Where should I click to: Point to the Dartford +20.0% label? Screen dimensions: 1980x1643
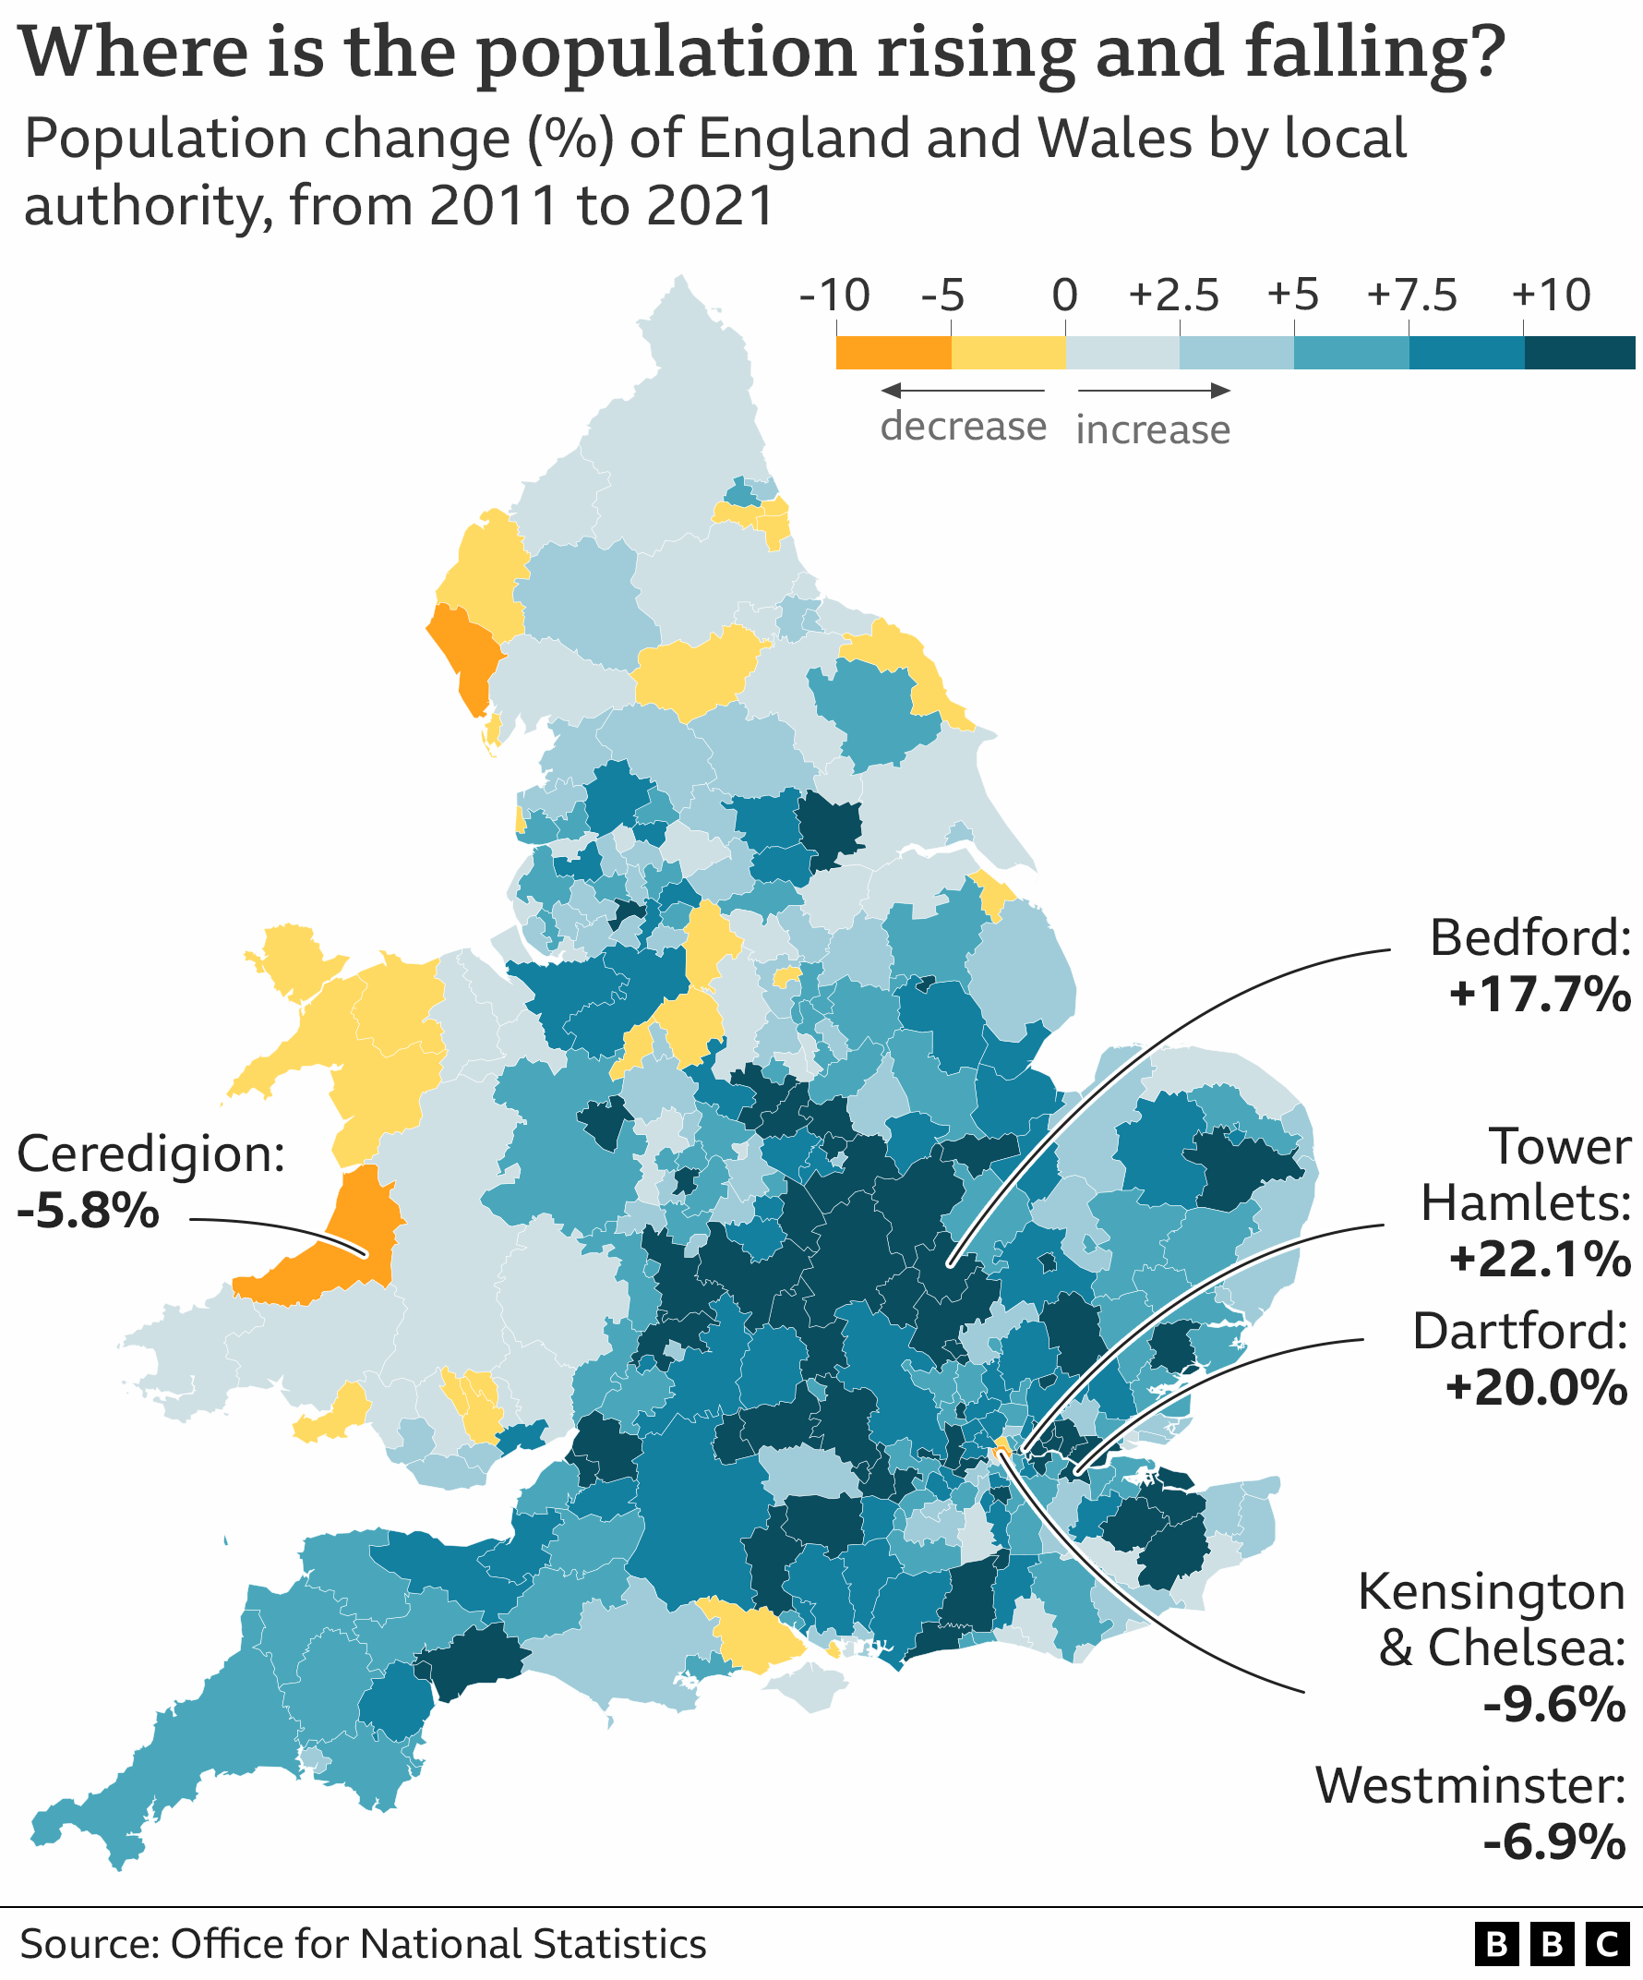click(x=1519, y=1358)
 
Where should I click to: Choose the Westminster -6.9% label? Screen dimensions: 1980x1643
click(x=1470, y=1813)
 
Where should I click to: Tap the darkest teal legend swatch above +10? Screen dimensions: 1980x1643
click(x=1579, y=353)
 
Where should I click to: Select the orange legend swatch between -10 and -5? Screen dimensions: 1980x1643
click(x=893, y=353)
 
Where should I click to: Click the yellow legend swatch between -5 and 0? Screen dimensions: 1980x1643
click(x=1008, y=353)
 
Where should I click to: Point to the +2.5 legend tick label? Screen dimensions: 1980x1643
click(x=1173, y=296)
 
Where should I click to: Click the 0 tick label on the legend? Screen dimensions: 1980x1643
click(x=1064, y=296)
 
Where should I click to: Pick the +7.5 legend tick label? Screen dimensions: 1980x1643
click(x=1411, y=296)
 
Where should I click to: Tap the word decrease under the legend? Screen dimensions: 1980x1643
click(x=963, y=426)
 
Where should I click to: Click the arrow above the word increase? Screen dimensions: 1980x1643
click(x=1154, y=391)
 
